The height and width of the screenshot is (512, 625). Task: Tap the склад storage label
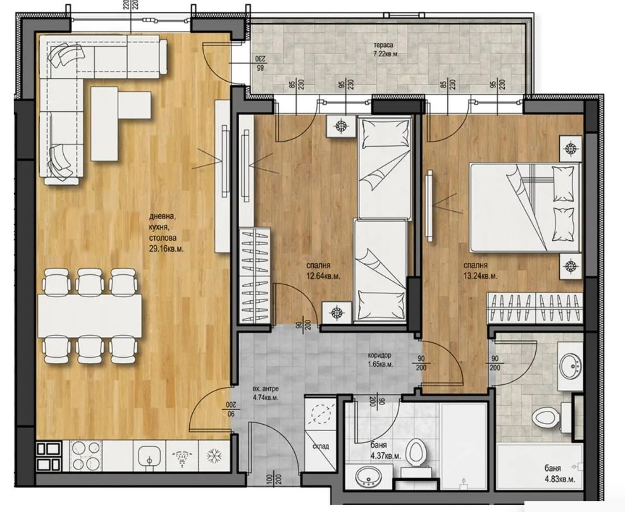[x=320, y=446]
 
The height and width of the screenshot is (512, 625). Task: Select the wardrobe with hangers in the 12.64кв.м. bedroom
[x=257, y=271]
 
